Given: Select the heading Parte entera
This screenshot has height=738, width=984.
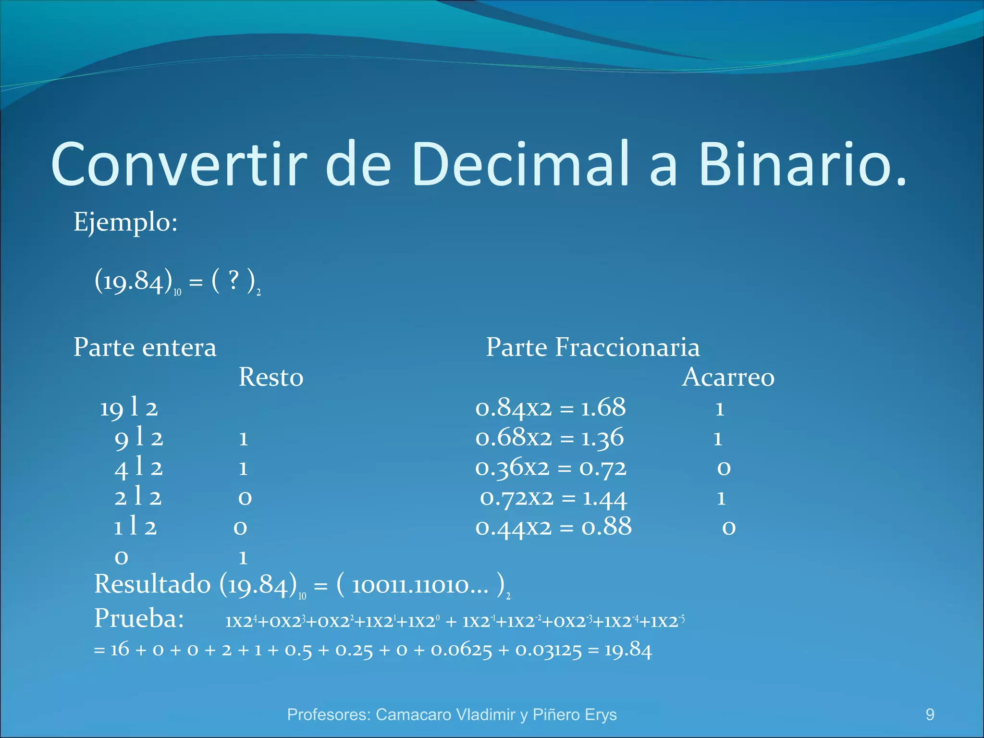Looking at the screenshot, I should point(145,347).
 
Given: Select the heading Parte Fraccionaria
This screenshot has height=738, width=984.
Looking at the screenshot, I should point(592,347).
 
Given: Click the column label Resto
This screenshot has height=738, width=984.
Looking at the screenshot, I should point(271,377).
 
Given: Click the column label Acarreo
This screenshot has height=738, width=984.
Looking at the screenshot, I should point(728,377).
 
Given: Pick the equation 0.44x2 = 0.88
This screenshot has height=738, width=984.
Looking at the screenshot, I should point(553,528).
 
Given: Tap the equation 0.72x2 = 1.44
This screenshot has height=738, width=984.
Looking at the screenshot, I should point(553,498).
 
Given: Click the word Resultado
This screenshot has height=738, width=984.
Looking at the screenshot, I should point(152,585).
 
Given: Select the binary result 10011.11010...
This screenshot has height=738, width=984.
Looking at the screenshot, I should point(419,586).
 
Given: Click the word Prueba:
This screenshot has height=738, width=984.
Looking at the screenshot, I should point(139,619).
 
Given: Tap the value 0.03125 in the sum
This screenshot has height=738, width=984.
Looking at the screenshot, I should point(548,651).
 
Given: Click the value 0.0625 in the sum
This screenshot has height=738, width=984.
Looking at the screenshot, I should point(461,651).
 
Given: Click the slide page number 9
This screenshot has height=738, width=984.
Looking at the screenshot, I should point(930,714).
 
